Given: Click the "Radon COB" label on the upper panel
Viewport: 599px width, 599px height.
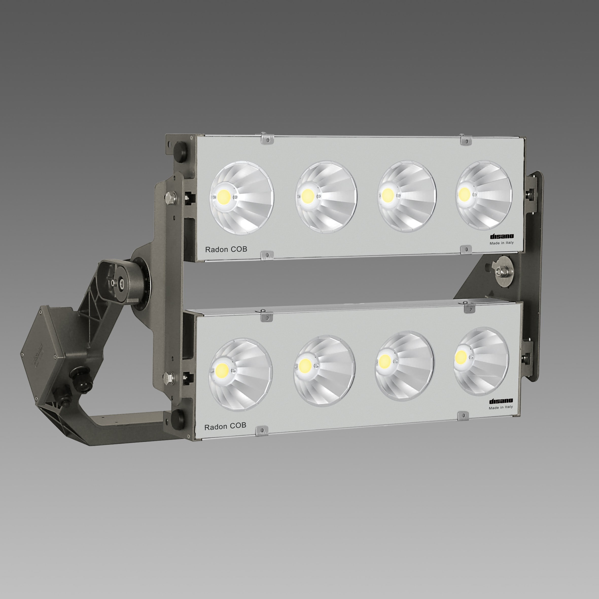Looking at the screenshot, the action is click(x=226, y=249).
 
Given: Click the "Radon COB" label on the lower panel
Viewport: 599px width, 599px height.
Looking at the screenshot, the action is click(x=225, y=427).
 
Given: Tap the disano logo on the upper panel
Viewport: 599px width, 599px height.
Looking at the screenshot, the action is click(x=502, y=237).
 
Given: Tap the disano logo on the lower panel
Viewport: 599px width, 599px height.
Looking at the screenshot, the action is click(x=501, y=401).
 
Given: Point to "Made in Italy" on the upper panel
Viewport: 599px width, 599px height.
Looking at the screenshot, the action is click(x=502, y=243).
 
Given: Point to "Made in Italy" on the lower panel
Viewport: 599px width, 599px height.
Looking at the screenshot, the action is click(x=501, y=407).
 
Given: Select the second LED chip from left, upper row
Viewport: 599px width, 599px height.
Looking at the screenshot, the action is click(x=308, y=195).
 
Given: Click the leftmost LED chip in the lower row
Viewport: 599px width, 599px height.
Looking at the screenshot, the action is click(x=222, y=369).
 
